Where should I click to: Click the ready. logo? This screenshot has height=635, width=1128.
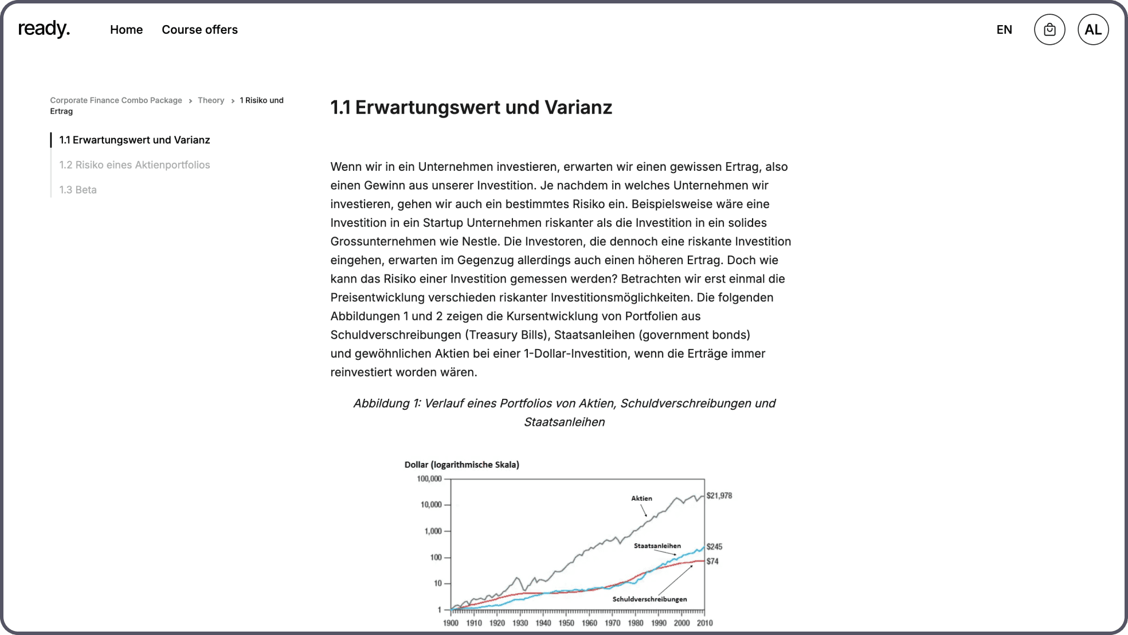click(44, 29)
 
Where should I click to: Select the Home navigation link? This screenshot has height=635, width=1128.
click(126, 30)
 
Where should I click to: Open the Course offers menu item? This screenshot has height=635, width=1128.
click(199, 30)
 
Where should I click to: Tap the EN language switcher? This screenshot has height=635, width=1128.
click(1004, 30)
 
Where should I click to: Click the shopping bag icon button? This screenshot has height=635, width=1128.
click(1049, 30)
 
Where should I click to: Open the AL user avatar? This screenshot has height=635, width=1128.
click(1093, 30)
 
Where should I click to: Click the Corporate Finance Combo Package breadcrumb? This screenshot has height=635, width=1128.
click(116, 100)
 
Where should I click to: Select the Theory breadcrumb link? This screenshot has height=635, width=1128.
click(211, 100)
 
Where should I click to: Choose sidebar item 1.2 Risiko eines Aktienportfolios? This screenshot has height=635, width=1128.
click(135, 165)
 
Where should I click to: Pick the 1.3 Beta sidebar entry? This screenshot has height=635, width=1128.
click(78, 190)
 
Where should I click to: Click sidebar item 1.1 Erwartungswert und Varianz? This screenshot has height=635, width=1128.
click(135, 140)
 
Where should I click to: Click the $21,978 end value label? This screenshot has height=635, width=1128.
click(719, 496)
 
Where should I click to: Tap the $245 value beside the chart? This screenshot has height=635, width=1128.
click(714, 547)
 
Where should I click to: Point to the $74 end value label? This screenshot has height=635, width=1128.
click(712, 562)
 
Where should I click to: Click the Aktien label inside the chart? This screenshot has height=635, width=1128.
click(641, 499)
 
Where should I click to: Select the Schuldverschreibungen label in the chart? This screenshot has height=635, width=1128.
click(649, 599)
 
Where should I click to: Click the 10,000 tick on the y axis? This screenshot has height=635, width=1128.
click(431, 505)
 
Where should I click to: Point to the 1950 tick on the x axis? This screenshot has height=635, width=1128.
click(566, 623)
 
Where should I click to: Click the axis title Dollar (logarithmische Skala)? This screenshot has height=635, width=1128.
click(461, 465)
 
